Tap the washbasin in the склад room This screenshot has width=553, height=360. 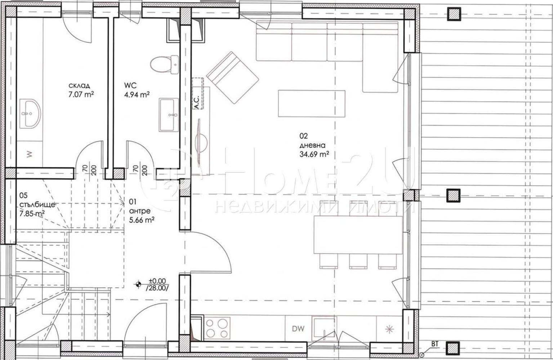click(x=30, y=113)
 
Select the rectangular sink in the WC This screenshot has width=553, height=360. click(x=168, y=115)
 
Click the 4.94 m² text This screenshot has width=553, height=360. click(x=137, y=95)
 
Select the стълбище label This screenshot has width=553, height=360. click(x=37, y=205)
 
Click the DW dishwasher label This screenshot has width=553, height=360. click(x=298, y=328)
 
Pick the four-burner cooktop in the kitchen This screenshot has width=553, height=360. click(x=217, y=328)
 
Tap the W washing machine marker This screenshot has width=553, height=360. click(x=30, y=154)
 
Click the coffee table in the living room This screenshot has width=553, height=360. click(x=311, y=103)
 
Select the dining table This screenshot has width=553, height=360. click(x=358, y=235)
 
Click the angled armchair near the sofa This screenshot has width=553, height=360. click(x=232, y=76)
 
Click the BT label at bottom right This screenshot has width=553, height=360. click(x=435, y=344)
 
